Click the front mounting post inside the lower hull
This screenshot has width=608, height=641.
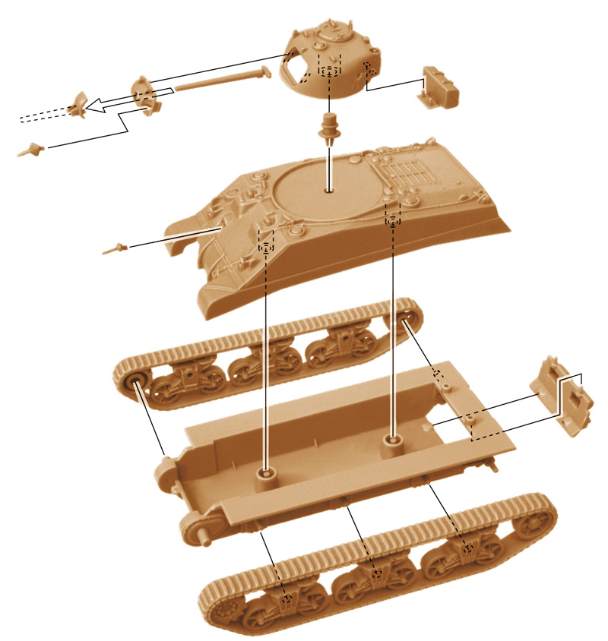click(266, 475)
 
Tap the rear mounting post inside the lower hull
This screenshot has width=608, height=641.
click(391, 441)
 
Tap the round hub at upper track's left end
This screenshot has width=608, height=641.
click(135, 380)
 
